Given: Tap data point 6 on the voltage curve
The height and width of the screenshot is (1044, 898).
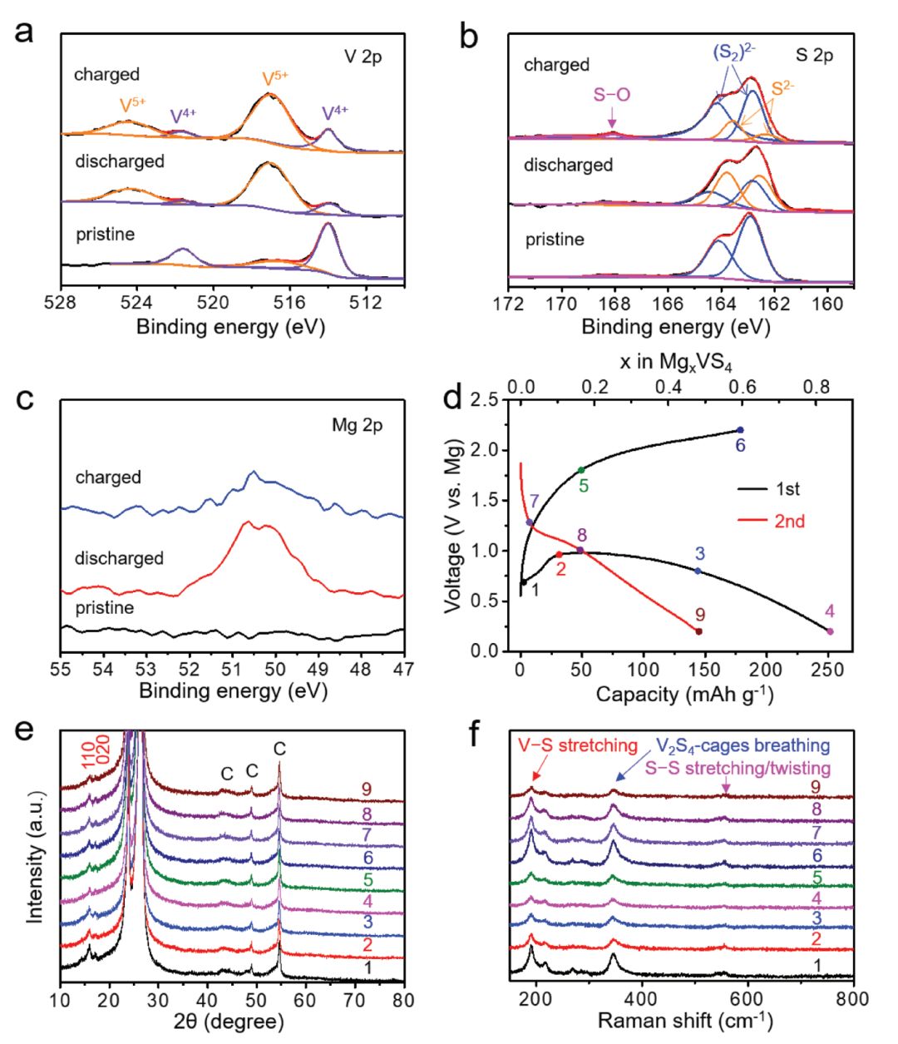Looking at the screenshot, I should coord(740,429).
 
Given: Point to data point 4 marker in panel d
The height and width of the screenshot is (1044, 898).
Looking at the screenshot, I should coord(830,631).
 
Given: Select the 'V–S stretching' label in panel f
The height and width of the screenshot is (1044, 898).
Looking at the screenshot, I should coord(577,745).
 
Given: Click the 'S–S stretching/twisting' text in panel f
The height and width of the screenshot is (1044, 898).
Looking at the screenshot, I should coord(738,768).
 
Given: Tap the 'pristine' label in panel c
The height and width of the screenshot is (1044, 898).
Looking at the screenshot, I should coord(105,607).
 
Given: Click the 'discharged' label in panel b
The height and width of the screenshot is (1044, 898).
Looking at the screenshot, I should coord(568,165).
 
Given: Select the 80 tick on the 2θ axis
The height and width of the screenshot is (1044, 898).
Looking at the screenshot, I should coord(404,998).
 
